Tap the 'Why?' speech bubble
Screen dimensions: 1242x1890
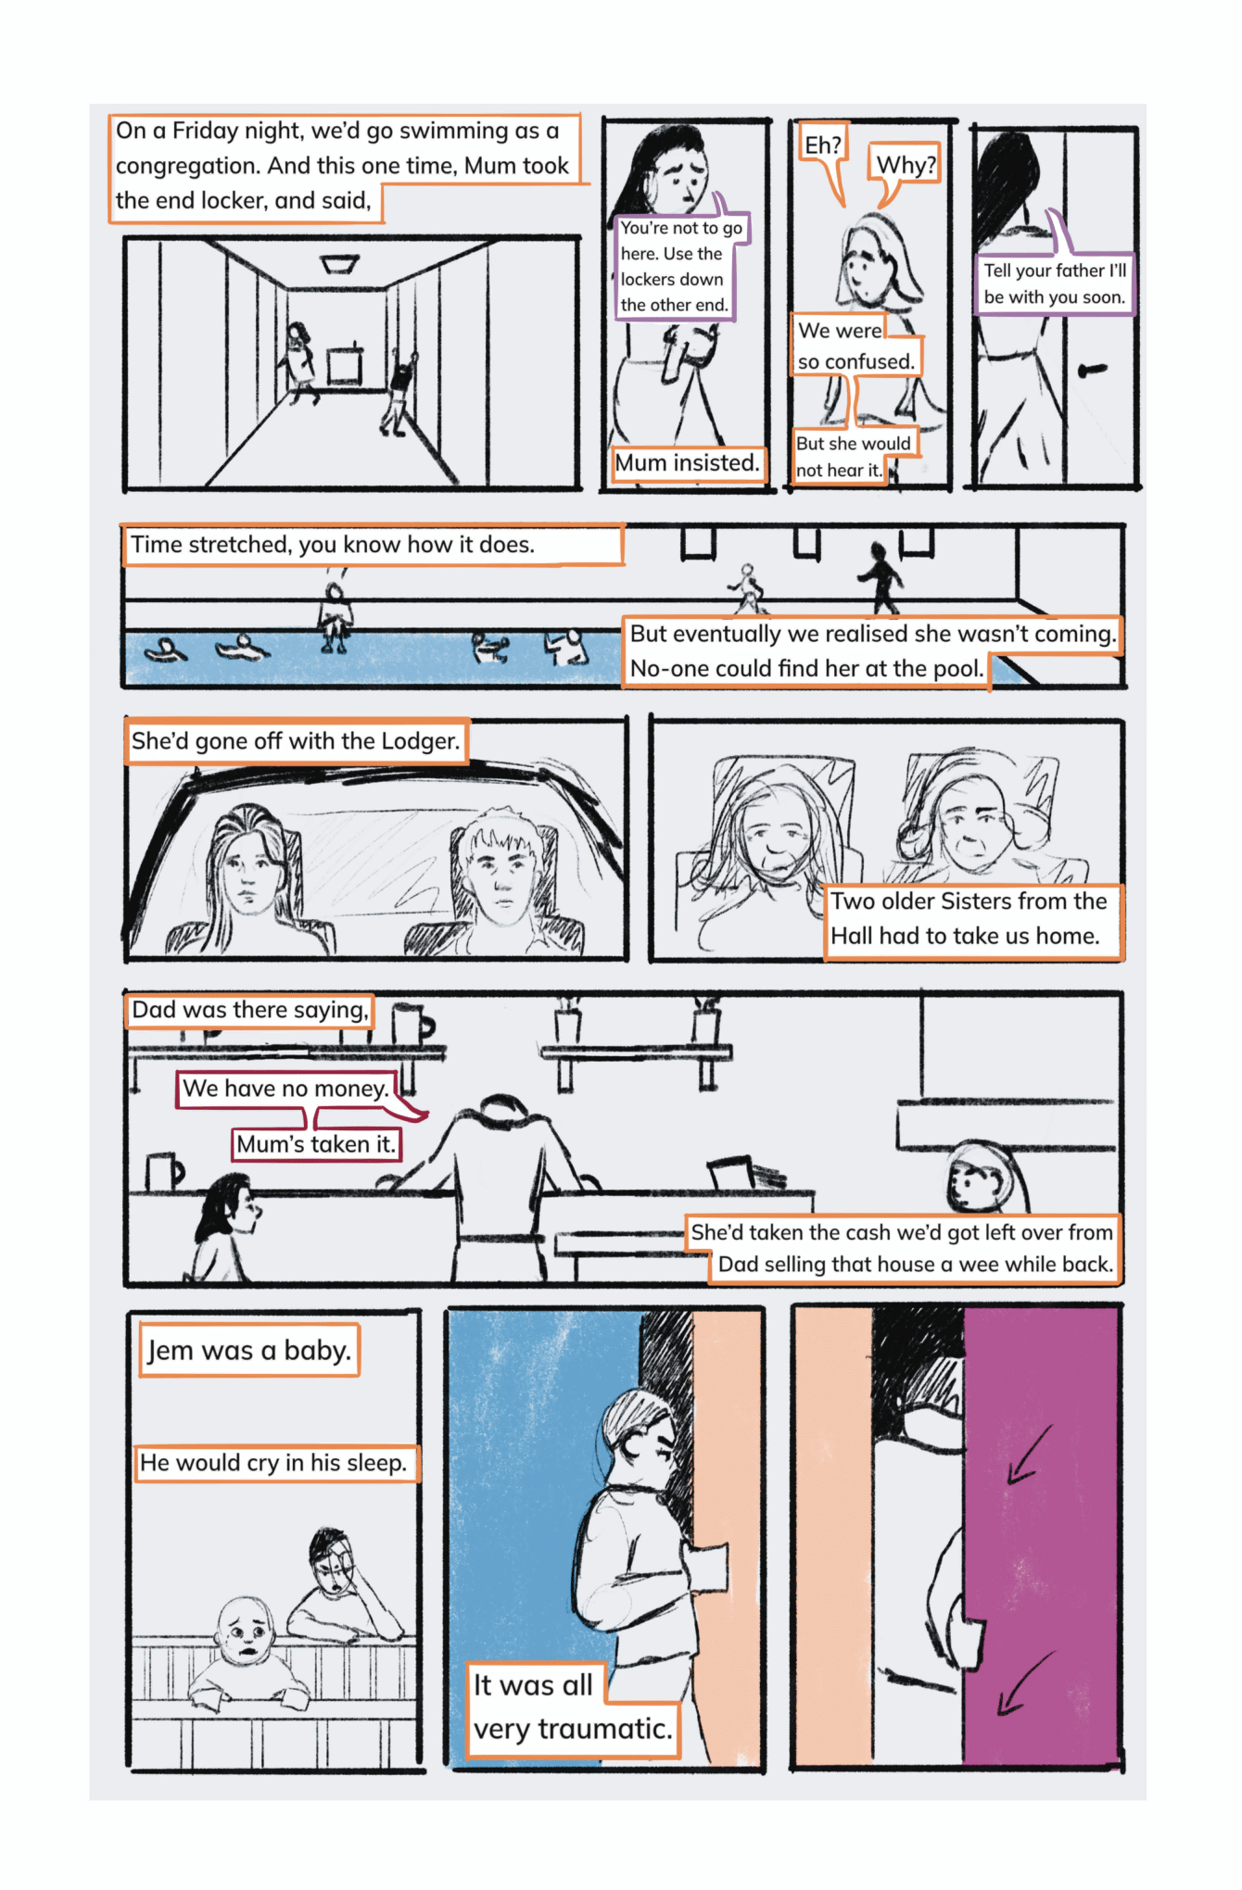tap(905, 164)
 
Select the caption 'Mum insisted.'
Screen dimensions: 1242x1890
tap(688, 463)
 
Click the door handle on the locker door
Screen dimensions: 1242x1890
tap(1094, 371)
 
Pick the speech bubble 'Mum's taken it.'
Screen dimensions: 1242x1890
tap(316, 1144)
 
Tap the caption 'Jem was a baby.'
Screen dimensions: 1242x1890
tap(248, 1351)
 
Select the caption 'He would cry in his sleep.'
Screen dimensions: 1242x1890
tap(274, 1463)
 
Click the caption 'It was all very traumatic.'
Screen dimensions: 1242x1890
tap(571, 1708)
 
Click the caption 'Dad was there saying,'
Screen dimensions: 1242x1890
tap(250, 1010)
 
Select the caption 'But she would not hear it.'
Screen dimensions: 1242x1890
tap(853, 457)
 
